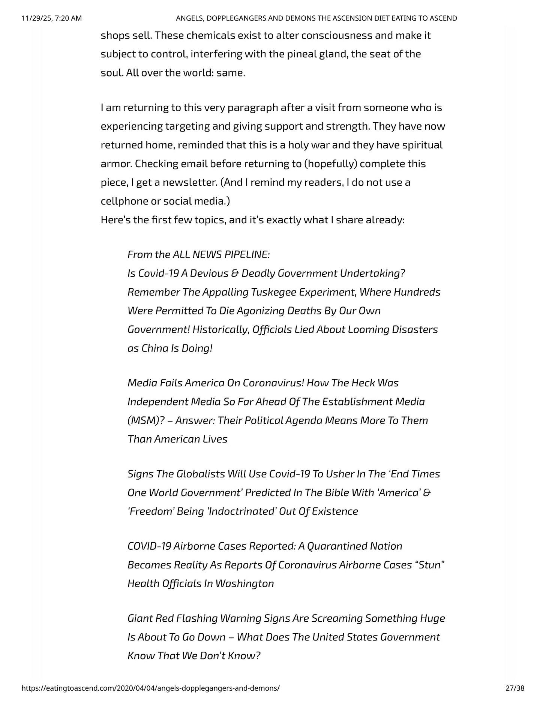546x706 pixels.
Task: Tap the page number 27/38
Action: (x=515, y=688)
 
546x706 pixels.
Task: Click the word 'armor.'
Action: (x=116, y=164)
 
